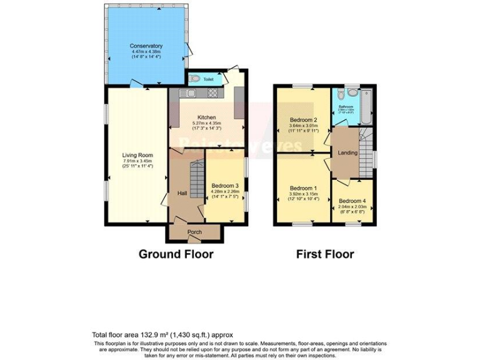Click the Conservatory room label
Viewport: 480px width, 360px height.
point(146,46)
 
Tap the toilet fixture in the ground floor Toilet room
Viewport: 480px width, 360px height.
point(195,79)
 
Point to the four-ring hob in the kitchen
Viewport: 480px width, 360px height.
point(212,94)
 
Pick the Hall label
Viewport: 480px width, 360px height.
point(182,194)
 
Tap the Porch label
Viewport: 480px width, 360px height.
point(194,232)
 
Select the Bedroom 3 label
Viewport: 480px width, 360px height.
point(224,186)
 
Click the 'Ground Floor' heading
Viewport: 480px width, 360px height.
point(176,254)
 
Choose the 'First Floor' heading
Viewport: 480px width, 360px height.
point(325,254)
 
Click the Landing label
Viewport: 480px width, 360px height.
point(347,152)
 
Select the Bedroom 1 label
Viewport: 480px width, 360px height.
point(302,188)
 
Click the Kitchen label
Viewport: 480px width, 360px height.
point(207,117)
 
